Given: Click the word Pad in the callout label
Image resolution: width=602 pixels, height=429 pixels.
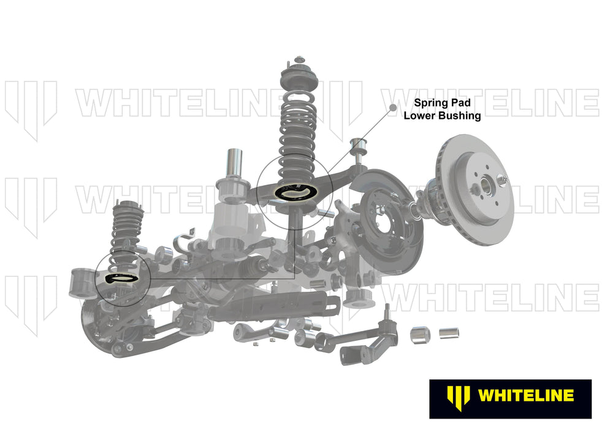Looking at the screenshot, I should [x=462, y=103].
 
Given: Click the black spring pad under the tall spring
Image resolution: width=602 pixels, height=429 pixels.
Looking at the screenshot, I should [x=294, y=192].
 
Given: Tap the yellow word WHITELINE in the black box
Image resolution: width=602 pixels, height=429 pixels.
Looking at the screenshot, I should [x=526, y=395].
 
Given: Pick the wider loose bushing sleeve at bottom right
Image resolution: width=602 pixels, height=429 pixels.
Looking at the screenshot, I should [x=421, y=334].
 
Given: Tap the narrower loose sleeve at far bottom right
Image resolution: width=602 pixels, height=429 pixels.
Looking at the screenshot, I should [x=449, y=334].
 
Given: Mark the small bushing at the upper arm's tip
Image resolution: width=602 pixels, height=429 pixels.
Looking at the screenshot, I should [x=357, y=148].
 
